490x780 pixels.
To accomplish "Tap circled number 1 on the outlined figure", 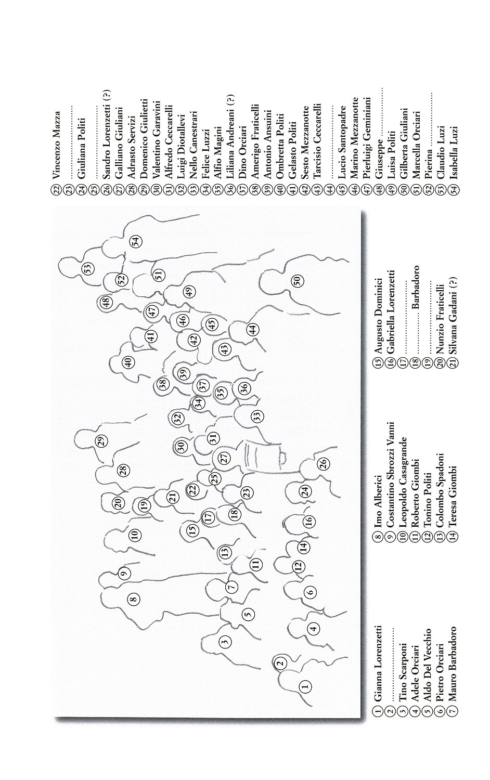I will click(x=305, y=685).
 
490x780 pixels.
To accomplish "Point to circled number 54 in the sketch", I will click(x=136, y=241).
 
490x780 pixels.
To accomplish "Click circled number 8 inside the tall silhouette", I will click(x=134, y=599).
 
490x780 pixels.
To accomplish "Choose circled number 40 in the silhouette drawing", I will click(x=128, y=362).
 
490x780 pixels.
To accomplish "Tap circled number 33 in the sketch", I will click(x=257, y=415).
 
